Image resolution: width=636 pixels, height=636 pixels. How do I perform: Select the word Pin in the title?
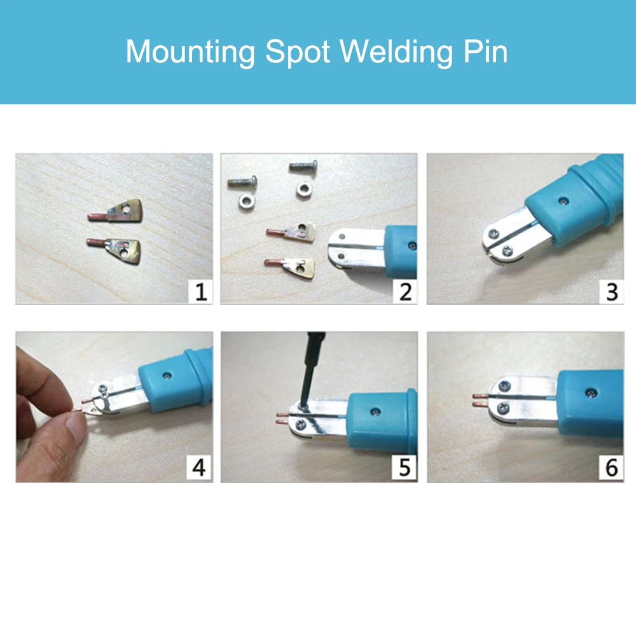[487, 52]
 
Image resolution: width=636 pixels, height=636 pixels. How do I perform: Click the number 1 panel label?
[201, 292]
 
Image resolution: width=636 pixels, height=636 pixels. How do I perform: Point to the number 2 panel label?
[405, 292]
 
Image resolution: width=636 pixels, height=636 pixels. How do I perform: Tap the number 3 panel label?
[611, 292]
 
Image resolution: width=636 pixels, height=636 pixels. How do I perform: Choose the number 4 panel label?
[199, 469]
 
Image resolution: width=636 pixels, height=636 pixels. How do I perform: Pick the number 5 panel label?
[404, 469]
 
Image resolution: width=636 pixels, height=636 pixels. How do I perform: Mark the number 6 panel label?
[611, 469]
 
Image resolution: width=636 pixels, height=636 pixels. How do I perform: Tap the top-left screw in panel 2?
[242, 183]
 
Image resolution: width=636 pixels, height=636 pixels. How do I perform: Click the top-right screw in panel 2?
[303, 167]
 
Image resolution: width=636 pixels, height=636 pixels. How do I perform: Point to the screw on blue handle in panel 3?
[563, 200]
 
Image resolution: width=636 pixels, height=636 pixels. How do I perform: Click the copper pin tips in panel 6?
[479, 399]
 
